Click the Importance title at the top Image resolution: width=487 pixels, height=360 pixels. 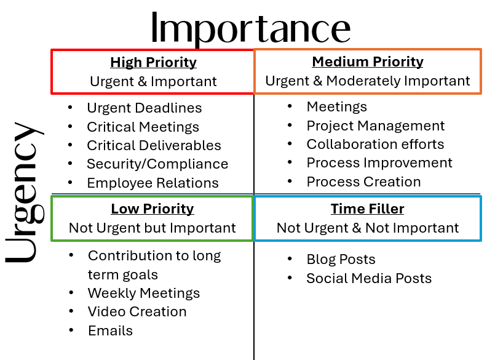pyautogui.click(x=250, y=28)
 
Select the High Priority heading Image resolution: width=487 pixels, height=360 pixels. pyautogui.click(x=153, y=62)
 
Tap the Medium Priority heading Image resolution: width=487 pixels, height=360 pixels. pyautogui.click(x=368, y=62)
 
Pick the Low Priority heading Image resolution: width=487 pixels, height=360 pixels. pyautogui.click(x=152, y=209)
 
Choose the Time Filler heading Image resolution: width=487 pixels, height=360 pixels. pyautogui.click(x=367, y=209)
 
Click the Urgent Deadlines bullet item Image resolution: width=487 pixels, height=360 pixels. pyautogui.click(x=145, y=108)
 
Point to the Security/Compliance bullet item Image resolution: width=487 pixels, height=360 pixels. pyautogui.click(x=157, y=164)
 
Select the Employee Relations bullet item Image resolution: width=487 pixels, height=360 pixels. pyautogui.click(x=152, y=183)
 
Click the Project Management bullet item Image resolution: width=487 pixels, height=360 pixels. pyautogui.click(x=376, y=126)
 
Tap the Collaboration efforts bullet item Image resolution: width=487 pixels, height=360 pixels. pyautogui.click(x=375, y=144)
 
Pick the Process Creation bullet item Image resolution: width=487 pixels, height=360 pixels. pyautogui.click(x=364, y=182)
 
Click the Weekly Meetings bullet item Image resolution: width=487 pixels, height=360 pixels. pyautogui.click(x=144, y=293)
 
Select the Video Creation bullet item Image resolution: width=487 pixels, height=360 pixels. pyautogui.click(x=137, y=311)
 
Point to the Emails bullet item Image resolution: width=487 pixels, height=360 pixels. pyautogui.click(x=110, y=330)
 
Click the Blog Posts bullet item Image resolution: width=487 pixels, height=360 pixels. pyautogui.click(x=341, y=259)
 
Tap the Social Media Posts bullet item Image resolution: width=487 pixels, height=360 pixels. pyautogui.click(x=369, y=278)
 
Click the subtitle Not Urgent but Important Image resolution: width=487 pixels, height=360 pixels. pyautogui.click(x=152, y=228)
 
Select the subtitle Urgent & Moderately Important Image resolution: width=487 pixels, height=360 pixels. pyautogui.click(x=368, y=81)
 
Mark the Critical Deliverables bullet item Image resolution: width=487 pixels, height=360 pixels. pyautogui.click(x=154, y=145)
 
